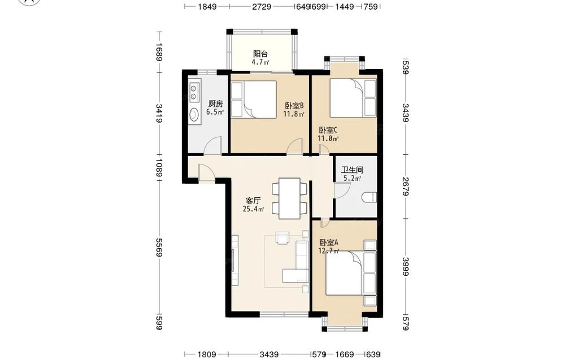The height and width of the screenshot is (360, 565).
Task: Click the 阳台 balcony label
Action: point(260,54)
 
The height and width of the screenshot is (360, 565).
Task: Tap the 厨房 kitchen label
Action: point(215,104)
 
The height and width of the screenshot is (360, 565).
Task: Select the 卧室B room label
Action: point(294,106)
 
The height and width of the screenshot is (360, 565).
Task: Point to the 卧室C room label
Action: point(328,130)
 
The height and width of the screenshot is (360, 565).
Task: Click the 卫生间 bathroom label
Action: point(353,170)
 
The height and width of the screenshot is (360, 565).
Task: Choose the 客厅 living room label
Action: point(253,201)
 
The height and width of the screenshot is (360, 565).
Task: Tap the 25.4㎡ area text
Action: point(253,209)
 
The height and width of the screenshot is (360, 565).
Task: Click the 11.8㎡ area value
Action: point(294,115)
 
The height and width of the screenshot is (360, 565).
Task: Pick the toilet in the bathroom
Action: point(370,197)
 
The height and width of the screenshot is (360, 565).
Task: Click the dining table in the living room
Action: point(290,198)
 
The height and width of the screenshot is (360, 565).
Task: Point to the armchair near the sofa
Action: point(282,238)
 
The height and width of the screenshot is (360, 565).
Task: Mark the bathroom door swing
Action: point(342,190)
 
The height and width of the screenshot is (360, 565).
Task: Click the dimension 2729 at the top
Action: point(262,6)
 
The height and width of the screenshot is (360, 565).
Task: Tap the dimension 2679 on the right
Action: point(405,186)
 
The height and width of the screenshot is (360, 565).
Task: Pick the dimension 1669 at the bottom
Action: point(345,354)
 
